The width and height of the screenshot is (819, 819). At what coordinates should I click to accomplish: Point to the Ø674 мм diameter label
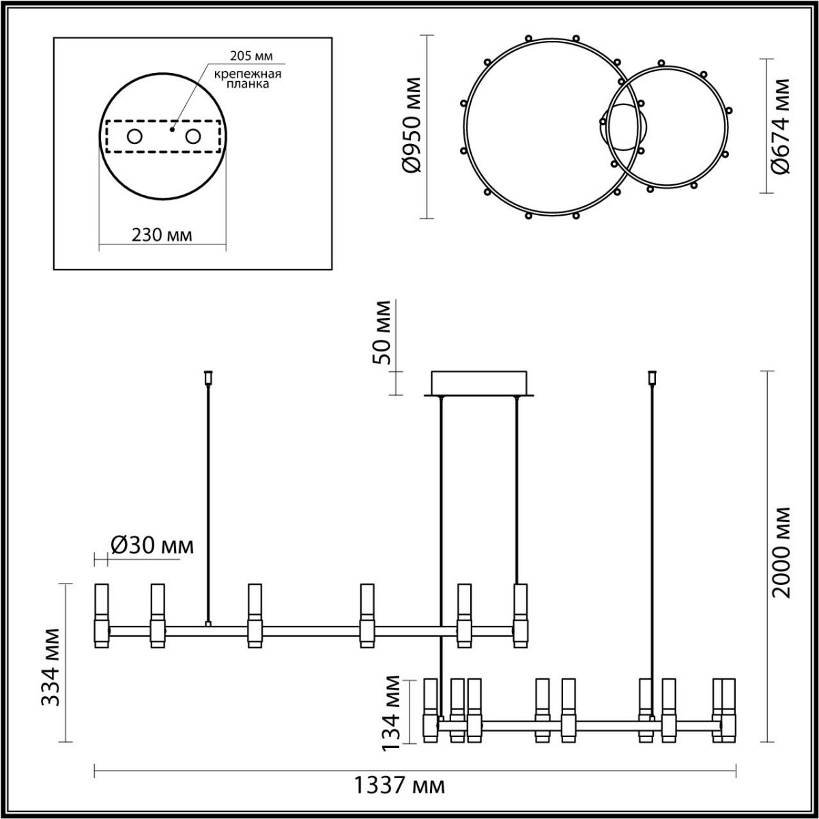coord(781,126)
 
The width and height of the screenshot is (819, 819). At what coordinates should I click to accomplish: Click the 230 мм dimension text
coord(162,235)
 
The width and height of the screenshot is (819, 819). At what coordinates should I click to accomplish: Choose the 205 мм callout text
coord(244,57)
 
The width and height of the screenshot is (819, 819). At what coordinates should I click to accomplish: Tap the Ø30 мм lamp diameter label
coord(152,545)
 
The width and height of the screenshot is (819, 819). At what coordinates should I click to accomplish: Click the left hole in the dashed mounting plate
coord(134,137)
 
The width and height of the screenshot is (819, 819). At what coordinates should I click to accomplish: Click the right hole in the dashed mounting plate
coord(193,137)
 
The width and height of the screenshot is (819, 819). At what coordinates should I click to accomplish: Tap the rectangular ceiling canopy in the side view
coord(480,382)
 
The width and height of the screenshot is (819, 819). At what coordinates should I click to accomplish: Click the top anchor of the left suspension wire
coord(208,376)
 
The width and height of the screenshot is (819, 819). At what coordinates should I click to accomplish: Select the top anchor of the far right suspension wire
coord(652,376)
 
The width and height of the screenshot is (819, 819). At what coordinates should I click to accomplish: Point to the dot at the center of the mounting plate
coord(173,128)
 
